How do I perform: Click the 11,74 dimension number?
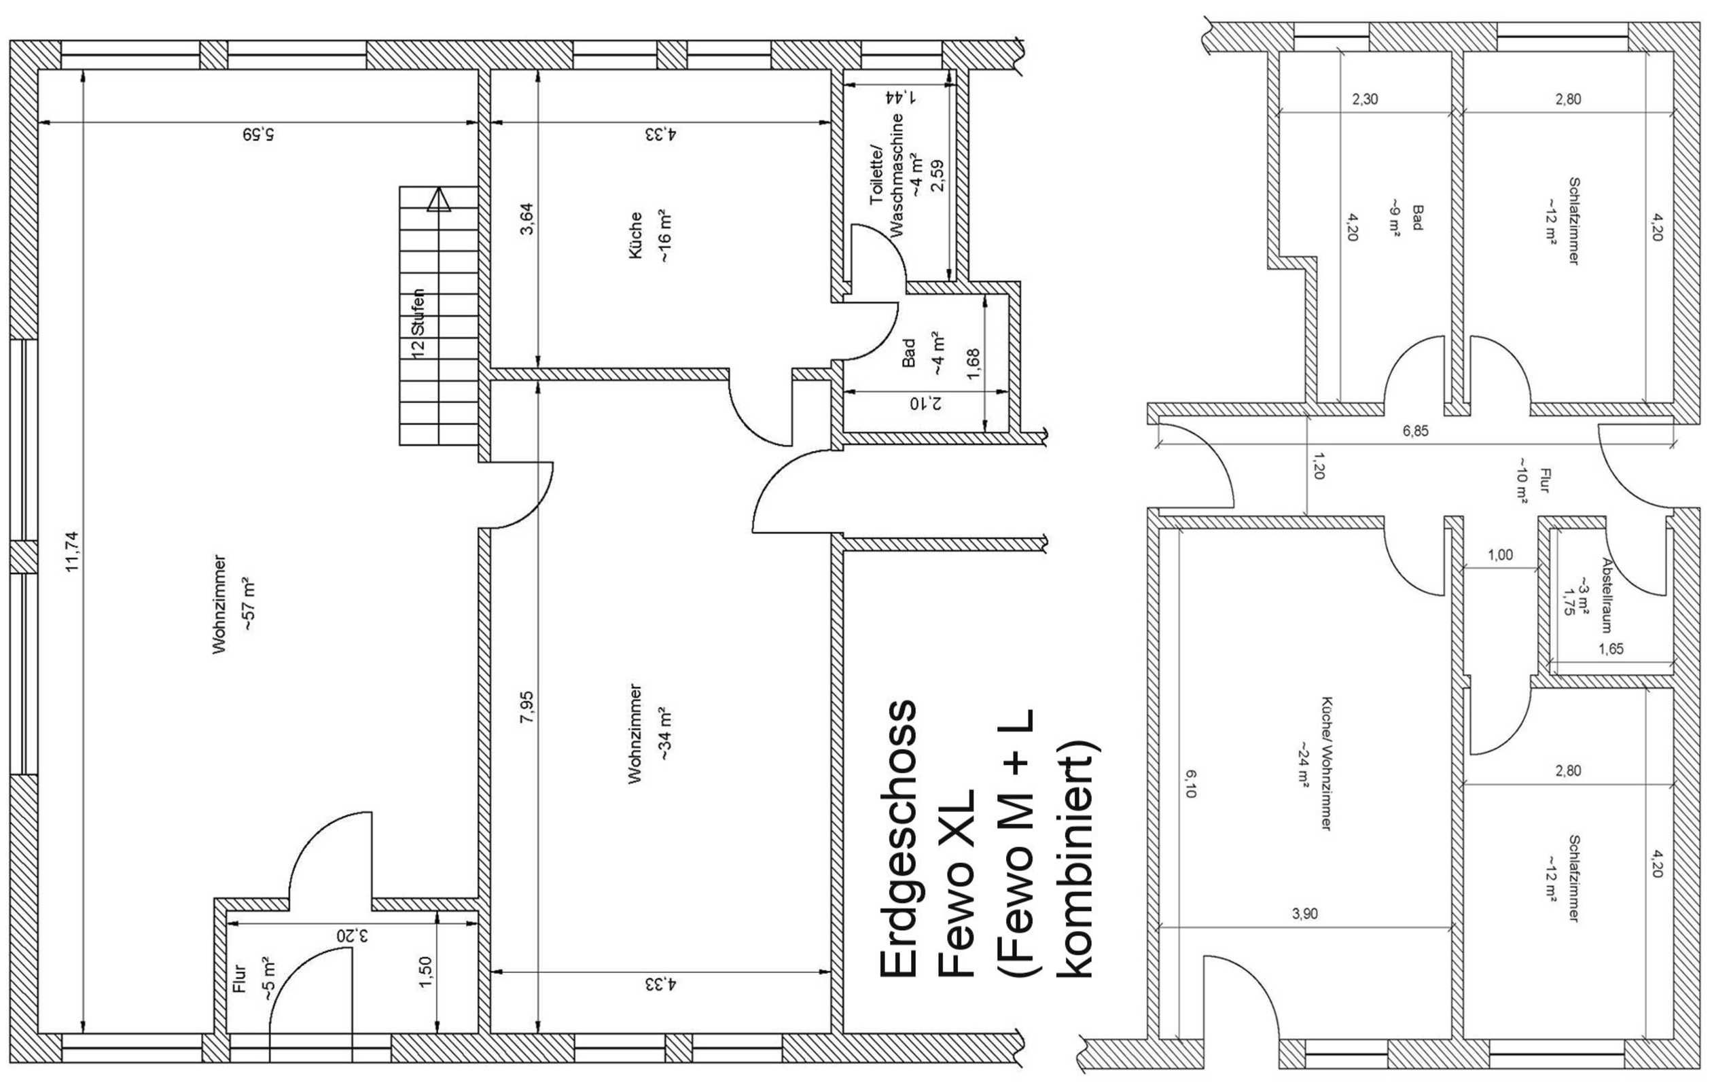point(72,552)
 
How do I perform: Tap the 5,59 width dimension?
point(258,135)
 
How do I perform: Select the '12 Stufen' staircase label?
point(418,323)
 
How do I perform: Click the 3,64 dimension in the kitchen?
point(527,219)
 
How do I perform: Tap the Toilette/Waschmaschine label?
point(887,175)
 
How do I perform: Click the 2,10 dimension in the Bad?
point(925,404)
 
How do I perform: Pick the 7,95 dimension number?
point(527,707)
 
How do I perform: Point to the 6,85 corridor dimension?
point(1415,431)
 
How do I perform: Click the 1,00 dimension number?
point(1500,555)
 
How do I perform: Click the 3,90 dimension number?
point(1305,914)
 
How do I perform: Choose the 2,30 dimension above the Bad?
point(1365,99)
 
